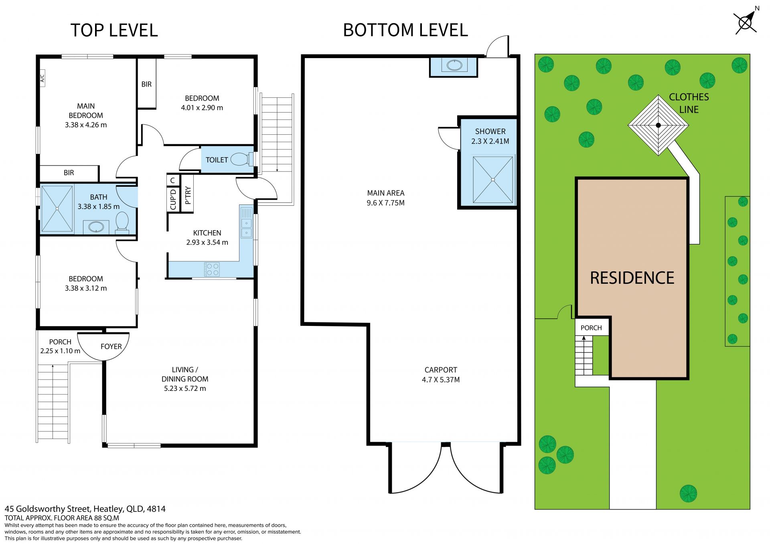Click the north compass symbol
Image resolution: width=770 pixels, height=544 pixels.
[745, 22]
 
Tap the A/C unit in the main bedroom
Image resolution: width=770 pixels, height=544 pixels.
[43, 78]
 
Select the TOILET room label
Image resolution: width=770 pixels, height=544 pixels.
[217, 160]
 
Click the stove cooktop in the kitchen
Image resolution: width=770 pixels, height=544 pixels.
[212, 269]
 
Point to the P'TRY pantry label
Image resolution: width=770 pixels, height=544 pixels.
[188, 195]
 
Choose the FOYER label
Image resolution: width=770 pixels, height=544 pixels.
[111, 346]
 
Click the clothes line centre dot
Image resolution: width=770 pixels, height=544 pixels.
[658, 125]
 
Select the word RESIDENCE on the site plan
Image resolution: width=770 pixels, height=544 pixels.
[632, 278]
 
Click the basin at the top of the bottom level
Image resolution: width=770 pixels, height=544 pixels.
[454, 65]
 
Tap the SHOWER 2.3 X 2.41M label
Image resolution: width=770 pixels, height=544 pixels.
[490, 136]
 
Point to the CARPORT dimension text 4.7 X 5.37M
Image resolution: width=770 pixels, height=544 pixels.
[441, 380]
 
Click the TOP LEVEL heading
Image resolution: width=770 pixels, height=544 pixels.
[114, 30]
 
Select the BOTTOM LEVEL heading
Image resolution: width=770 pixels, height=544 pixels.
[405, 30]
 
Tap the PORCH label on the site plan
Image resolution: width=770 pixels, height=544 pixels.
[591, 328]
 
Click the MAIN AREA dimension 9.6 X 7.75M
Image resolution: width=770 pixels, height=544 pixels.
[385, 203]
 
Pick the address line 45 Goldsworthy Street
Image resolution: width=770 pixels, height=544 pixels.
[85, 509]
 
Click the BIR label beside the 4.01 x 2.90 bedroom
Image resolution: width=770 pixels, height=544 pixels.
[146, 84]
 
